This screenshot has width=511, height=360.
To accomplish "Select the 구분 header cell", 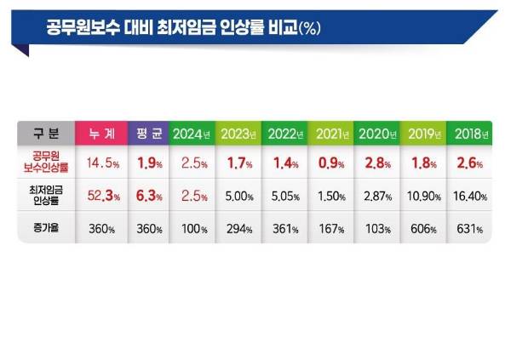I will [x=45, y=134].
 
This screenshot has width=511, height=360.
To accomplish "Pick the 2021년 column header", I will [x=330, y=134].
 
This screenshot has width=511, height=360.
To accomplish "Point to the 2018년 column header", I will [x=468, y=134].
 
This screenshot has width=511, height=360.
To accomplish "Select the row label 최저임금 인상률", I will [x=45, y=197].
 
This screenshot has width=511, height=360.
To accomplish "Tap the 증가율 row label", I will [x=45, y=228].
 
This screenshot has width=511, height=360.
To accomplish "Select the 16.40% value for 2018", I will [x=468, y=197].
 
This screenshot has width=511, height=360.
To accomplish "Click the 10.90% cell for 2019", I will [x=422, y=197].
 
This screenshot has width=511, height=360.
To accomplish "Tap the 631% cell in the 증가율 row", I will [x=468, y=228].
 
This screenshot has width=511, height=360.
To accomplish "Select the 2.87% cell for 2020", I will [x=376, y=197].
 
